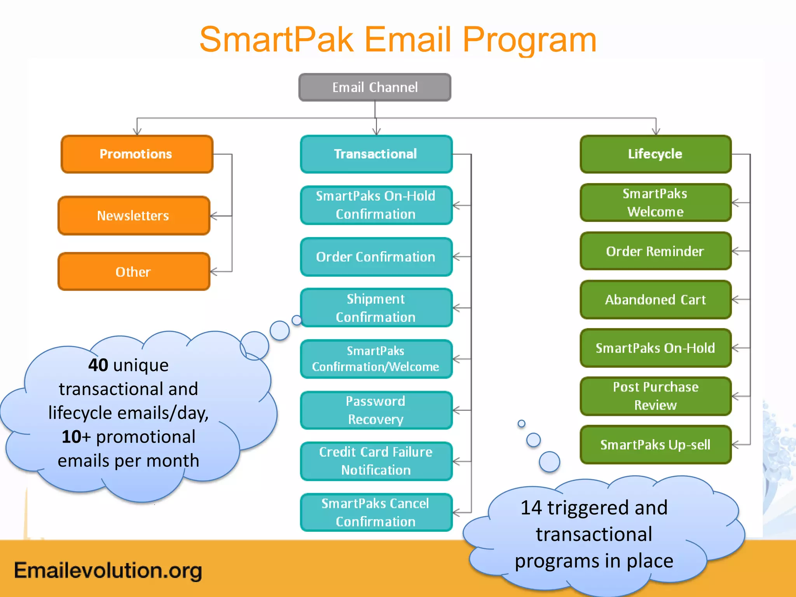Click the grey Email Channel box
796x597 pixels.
click(x=375, y=87)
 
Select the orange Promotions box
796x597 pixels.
click(x=137, y=154)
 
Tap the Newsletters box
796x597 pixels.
click(x=134, y=215)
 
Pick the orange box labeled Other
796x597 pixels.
click(x=134, y=272)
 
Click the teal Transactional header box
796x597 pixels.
click(x=376, y=154)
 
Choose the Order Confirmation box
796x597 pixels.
click(x=376, y=257)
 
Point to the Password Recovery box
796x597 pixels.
click(x=376, y=410)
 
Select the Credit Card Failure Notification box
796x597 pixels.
click(x=376, y=461)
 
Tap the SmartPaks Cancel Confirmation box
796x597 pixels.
click(x=376, y=512)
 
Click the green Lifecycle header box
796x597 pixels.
click(x=655, y=154)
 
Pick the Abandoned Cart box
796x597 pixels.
click(x=655, y=300)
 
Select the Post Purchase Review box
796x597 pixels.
click(x=655, y=396)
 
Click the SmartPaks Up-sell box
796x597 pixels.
click(x=655, y=445)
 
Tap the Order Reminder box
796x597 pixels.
click(x=655, y=251)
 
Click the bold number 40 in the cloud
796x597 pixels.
click(x=98, y=365)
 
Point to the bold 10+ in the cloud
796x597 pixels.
click(x=76, y=437)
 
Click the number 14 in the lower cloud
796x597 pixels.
click(x=531, y=508)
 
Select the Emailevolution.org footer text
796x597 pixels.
click(x=108, y=571)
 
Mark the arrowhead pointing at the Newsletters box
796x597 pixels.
click(x=213, y=216)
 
